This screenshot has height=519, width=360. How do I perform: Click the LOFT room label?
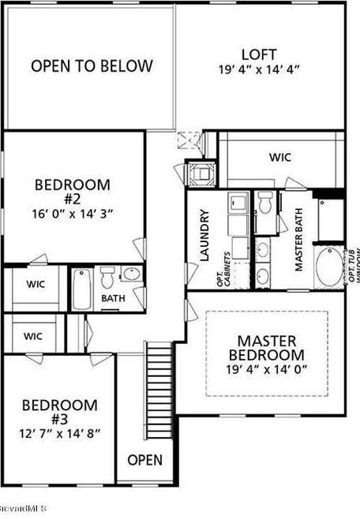(259, 54)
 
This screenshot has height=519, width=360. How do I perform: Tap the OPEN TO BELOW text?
(92, 66)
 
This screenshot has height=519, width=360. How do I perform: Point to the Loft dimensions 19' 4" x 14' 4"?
(259, 69)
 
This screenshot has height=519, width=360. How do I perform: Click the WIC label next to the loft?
(280, 157)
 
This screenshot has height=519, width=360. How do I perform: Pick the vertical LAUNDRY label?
(204, 235)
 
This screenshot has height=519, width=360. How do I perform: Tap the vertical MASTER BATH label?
(299, 244)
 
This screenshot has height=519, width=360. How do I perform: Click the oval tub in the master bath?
(327, 269)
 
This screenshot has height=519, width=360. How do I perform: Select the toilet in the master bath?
(266, 203)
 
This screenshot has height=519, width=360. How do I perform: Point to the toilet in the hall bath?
(107, 278)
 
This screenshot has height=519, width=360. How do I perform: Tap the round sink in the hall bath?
(131, 274)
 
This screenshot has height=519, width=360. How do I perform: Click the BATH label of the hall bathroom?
(112, 299)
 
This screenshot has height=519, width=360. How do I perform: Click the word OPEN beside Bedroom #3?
(144, 460)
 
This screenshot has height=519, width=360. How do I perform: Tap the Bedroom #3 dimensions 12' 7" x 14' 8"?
(60, 433)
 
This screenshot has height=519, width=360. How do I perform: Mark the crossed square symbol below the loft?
(187, 140)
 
